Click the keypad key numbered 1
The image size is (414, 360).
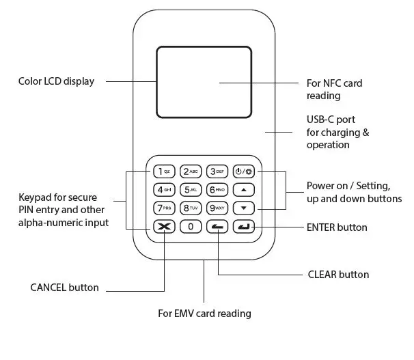[x=164, y=171]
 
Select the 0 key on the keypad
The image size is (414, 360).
[x=191, y=227]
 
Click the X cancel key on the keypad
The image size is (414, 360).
[x=164, y=227]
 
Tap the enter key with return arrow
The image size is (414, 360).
[x=244, y=227]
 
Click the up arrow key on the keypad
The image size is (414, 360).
[x=244, y=190]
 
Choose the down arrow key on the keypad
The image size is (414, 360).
[x=244, y=208]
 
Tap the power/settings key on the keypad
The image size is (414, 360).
[x=244, y=171]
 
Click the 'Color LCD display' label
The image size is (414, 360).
[x=56, y=81]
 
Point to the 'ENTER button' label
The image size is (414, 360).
[x=337, y=227]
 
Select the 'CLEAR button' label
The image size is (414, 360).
[x=338, y=275]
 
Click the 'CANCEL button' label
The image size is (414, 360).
[x=64, y=288]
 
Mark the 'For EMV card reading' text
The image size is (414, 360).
[x=204, y=314]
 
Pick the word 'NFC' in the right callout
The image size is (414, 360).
[x=332, y=83]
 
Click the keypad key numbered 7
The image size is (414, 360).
[x=164, y=208]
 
